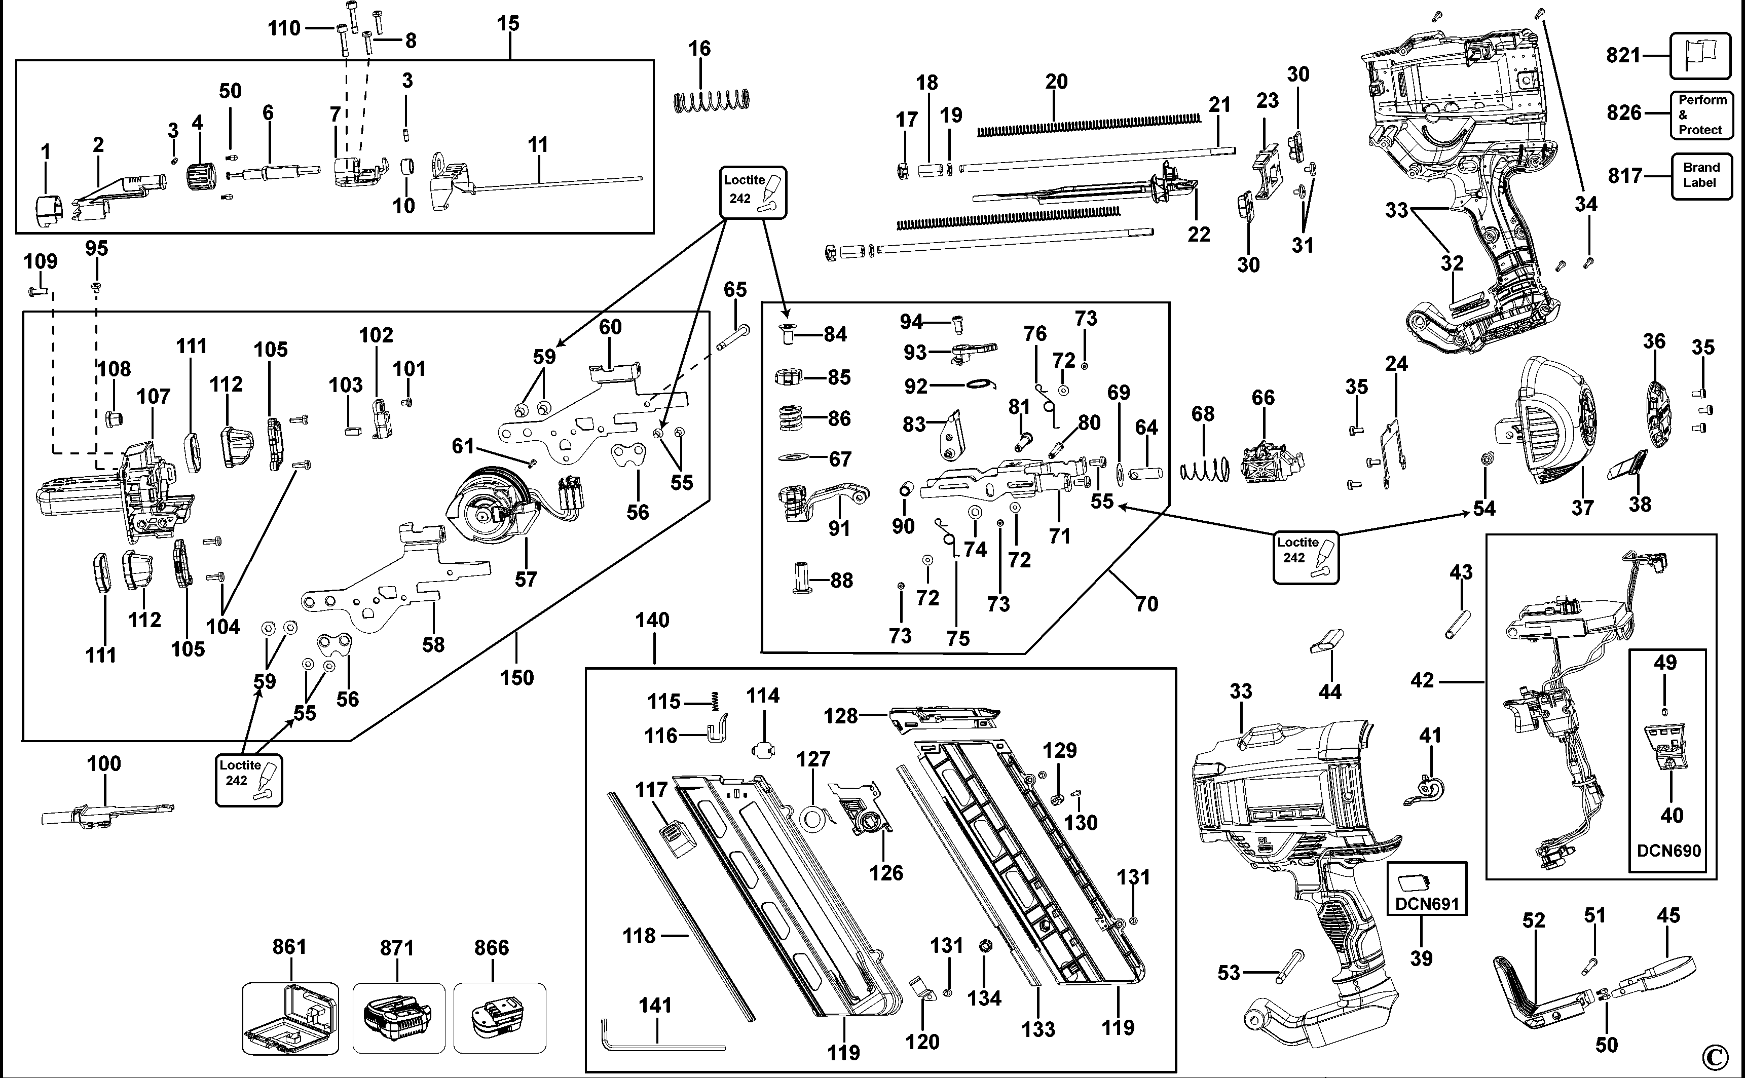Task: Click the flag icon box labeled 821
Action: tap(1700, 56)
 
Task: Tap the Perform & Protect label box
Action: tap(1701, 115)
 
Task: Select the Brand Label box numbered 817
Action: tap(1701, 175)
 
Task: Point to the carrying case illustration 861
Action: tap(290, 1018)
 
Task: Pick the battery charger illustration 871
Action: tap(398, 1018)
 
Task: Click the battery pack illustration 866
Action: tap(499, 1018)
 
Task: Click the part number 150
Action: tap(516, 677)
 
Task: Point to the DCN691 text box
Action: tap(1427, 889)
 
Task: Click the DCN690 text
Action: tap(1668, 850)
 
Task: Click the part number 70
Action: tap(1146, 604)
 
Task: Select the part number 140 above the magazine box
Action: tap(652, 620)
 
